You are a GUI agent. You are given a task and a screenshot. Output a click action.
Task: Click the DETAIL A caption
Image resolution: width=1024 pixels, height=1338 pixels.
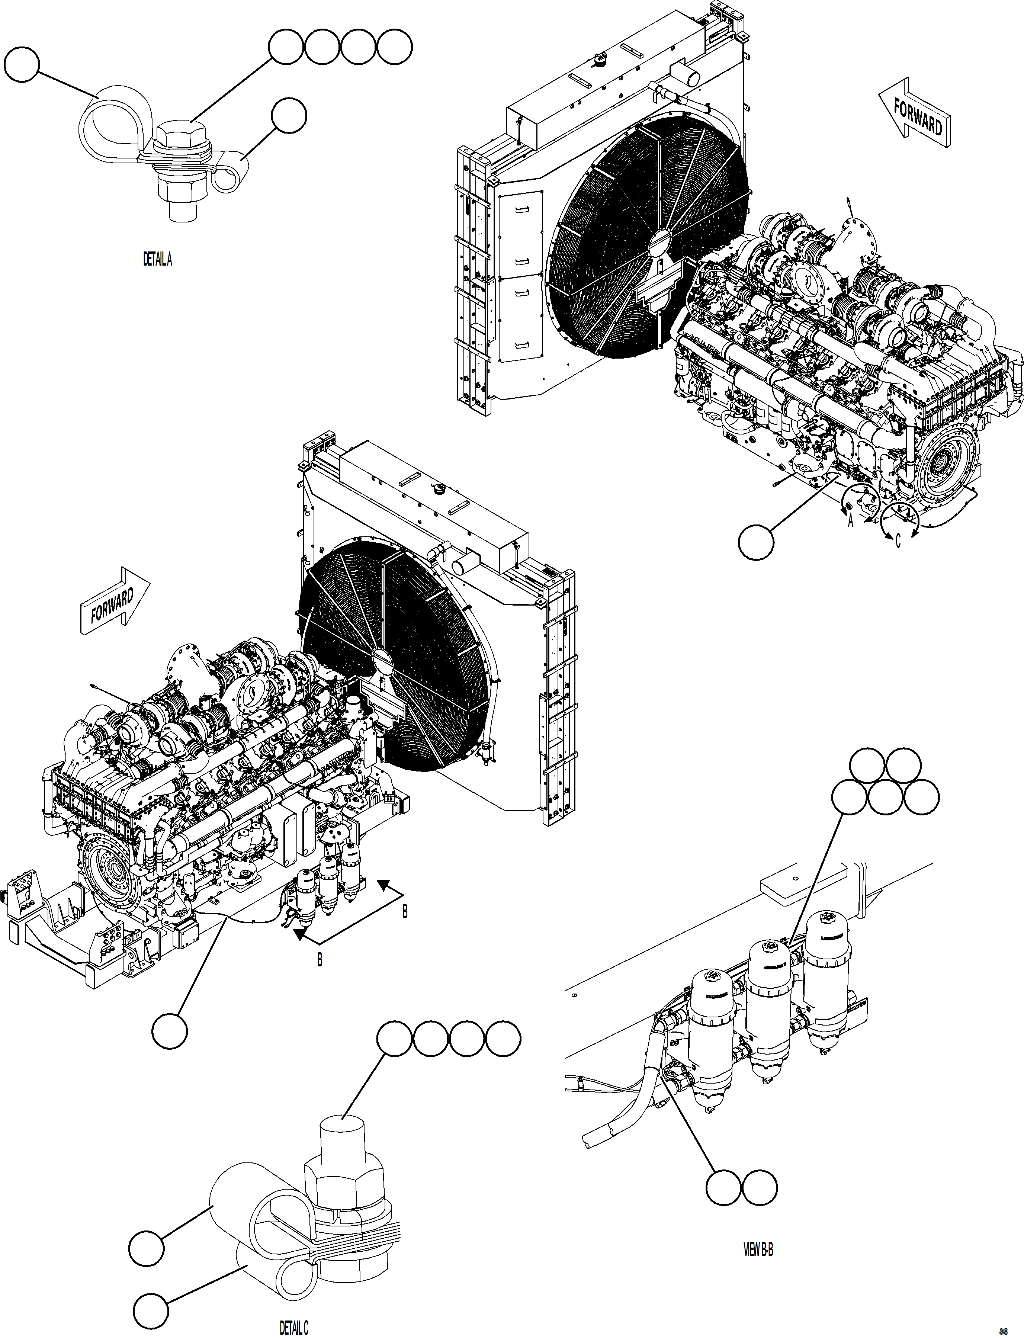pyautogui.click(x=157, y=260)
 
